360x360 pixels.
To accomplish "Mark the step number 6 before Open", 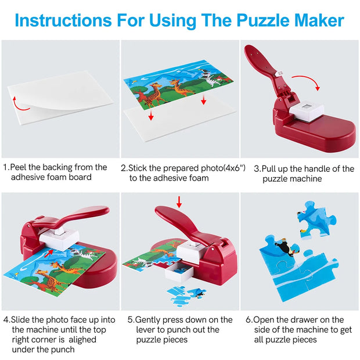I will coord(249,320).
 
